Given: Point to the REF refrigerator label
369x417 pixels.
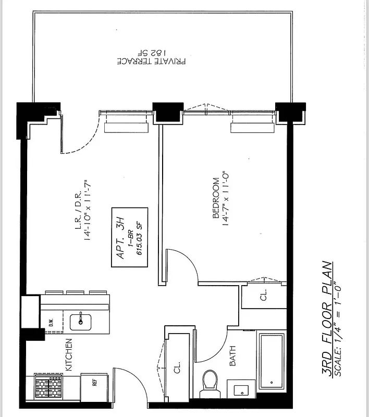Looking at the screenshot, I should pyautogui.click(x=95, y=382).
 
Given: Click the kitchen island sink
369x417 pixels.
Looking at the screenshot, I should pyautogui.click(x=81, y=320).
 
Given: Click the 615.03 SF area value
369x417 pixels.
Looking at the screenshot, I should pyautogui.click(x=139, y=237).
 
